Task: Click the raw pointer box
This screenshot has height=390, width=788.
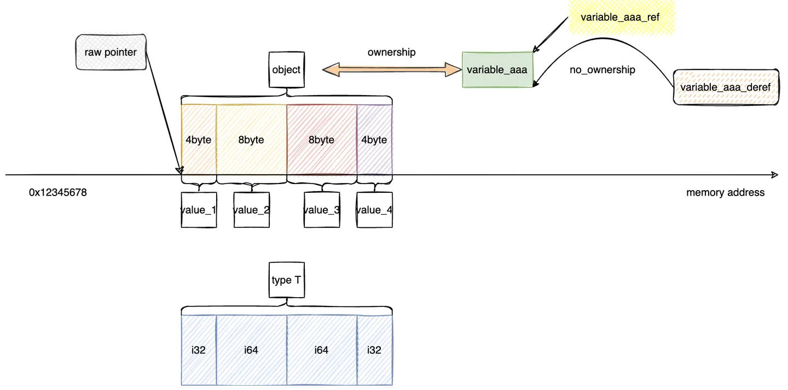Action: click(111, 53)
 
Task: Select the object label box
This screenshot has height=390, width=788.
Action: click(286, 69)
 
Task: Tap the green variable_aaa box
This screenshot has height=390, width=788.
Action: click(497, 70)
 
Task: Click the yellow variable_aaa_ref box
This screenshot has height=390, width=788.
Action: click(620, 17)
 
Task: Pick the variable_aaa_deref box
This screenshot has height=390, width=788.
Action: click(725, 87)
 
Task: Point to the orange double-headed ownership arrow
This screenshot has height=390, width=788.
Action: click(392, 69)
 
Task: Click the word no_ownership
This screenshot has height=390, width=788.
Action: click(602, 70)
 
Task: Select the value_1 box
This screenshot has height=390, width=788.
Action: click(199, 210)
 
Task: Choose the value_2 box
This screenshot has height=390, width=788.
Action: click(251, 210)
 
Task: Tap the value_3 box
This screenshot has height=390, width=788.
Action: click(321, 210)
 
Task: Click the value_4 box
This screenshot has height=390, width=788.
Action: click(374, 210)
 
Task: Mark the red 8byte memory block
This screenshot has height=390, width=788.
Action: click(321, 140)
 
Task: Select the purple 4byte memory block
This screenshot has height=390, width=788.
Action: click(374, 140)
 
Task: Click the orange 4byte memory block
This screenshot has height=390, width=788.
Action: click(199, 140)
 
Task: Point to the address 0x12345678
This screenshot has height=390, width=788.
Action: click(58, 193)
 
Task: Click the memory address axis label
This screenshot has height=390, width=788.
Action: click(725, 193)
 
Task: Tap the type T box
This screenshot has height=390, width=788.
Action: click(286, 280)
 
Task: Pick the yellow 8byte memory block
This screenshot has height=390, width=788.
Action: click(251, 140)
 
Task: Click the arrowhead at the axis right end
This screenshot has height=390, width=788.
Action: click(774, 175)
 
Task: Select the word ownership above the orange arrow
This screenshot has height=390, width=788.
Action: click(391, 52)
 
